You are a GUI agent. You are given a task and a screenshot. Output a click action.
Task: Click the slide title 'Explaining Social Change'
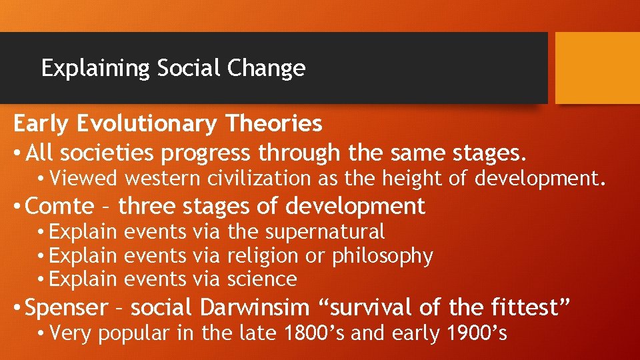(173, 68)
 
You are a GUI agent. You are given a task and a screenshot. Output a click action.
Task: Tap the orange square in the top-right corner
(597, 68)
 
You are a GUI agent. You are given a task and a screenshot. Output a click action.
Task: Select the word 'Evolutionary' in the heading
(149, 123)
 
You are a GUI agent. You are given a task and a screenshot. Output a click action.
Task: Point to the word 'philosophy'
(383, 256)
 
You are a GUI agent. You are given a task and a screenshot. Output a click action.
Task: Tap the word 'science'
(262, 279)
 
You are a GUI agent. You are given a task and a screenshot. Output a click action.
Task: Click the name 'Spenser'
(66, 308)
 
